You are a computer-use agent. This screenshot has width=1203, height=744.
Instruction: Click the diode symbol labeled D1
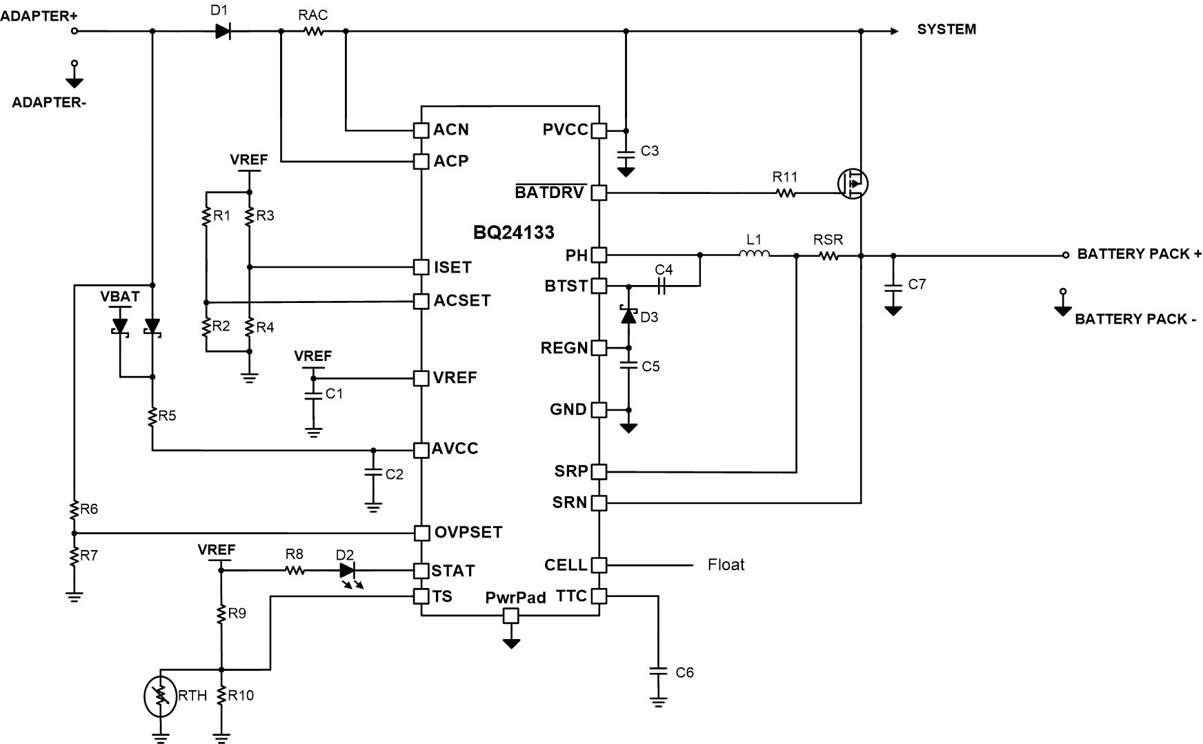(222, 31)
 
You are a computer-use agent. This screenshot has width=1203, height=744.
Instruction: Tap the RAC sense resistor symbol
(313, 31)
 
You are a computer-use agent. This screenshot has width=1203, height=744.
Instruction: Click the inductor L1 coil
(754, 255)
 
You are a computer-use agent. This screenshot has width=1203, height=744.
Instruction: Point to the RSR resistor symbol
(828, 255)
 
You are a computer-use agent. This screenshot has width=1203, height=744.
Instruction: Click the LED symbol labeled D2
(347, 571)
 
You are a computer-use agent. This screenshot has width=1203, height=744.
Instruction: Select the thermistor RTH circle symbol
(161, 696)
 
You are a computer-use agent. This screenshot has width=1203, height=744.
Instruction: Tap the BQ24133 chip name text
(513, 233)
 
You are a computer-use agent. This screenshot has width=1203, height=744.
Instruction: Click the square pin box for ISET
(421, 267)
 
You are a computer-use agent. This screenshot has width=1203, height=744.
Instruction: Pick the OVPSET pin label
(468, 533)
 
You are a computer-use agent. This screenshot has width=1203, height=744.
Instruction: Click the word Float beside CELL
(726, 565)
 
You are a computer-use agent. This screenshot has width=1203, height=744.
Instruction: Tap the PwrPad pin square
(510, 616)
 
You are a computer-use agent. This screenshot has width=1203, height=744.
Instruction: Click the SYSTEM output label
(946, 30)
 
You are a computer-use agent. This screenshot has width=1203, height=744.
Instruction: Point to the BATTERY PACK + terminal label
(1139, 254)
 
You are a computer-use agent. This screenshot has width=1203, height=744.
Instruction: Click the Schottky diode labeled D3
(628, 316)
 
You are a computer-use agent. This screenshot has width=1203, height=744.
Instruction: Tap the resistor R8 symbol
(295, 571)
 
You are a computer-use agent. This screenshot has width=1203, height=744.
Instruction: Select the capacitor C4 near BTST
(664, 285)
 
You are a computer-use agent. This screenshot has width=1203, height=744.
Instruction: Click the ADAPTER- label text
(49, 103)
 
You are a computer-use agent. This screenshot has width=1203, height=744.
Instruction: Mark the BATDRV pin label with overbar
(550, 193)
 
